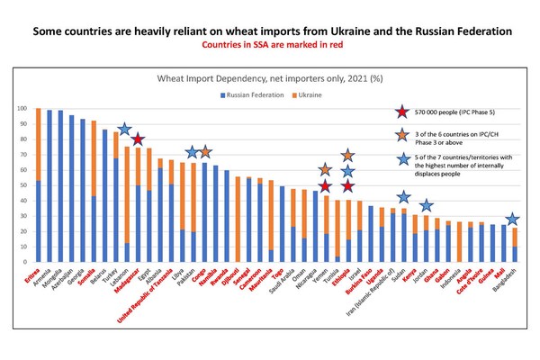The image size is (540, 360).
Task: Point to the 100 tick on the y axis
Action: pyautogui.click(x=22, y=109)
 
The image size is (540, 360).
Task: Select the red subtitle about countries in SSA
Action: pyautogui.click(x=269, y=42)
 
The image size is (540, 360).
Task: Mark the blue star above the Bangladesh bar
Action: pyautogui.click(x=511, y=220)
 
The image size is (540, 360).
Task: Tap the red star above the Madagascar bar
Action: pyautogui.click(x=138, y=139)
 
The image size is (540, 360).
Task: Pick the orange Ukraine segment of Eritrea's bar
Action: pyautogui.click(x=39, y=144)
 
